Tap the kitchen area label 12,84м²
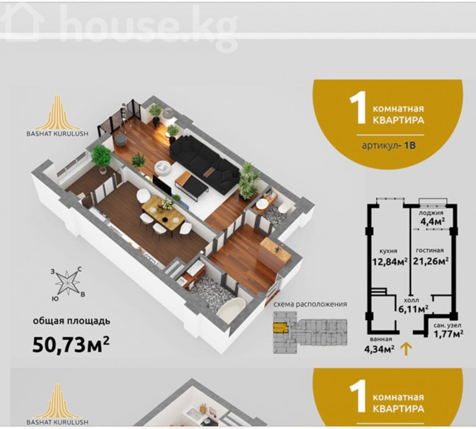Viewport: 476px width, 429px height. (390, 261)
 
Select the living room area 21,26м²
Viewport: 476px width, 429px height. (431, 261)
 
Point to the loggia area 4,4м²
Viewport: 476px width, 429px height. (433, 221)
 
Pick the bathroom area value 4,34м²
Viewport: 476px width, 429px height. (380, 349)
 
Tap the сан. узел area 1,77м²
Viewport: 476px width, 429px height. (448, 334)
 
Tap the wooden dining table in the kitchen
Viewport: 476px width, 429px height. (163, 213)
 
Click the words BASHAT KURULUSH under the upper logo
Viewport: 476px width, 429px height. (57, 133)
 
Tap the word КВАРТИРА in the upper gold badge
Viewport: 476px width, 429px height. (398, 120)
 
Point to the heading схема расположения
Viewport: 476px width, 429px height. (310, 304)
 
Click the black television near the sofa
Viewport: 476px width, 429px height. (162, 185)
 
